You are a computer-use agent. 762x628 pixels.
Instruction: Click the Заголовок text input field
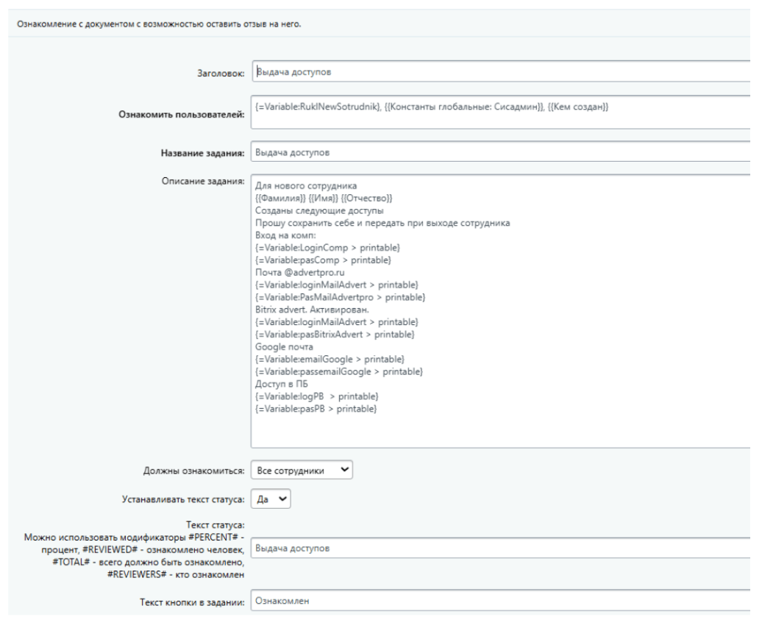pos(500,72)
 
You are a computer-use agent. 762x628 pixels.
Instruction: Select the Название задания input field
pos(500,153)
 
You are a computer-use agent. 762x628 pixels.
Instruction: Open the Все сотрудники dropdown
pos(302,470)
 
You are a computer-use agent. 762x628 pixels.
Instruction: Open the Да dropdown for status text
pos(271,499)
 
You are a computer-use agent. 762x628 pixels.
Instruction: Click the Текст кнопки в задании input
pos(500,601)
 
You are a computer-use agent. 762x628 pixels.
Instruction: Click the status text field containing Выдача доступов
pos(500,549)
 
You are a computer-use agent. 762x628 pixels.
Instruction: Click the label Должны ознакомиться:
pos(193,471)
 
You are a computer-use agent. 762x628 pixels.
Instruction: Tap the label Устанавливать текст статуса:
pos(183,499)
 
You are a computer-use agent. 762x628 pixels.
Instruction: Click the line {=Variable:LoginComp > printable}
pos(327,248)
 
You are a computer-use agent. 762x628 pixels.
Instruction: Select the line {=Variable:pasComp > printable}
pos(323,260)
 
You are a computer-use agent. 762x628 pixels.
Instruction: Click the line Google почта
pos(284,346)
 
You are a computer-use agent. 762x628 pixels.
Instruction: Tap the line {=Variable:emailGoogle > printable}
pos(330,359)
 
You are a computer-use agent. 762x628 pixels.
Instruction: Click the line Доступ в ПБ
pos(281,384)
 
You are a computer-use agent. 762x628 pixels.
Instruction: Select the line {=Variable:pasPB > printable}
pos(316,409)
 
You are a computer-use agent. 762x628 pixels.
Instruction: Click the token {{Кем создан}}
pos(579,107)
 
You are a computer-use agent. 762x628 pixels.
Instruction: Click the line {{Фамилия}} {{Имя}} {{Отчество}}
pos(324,199)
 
